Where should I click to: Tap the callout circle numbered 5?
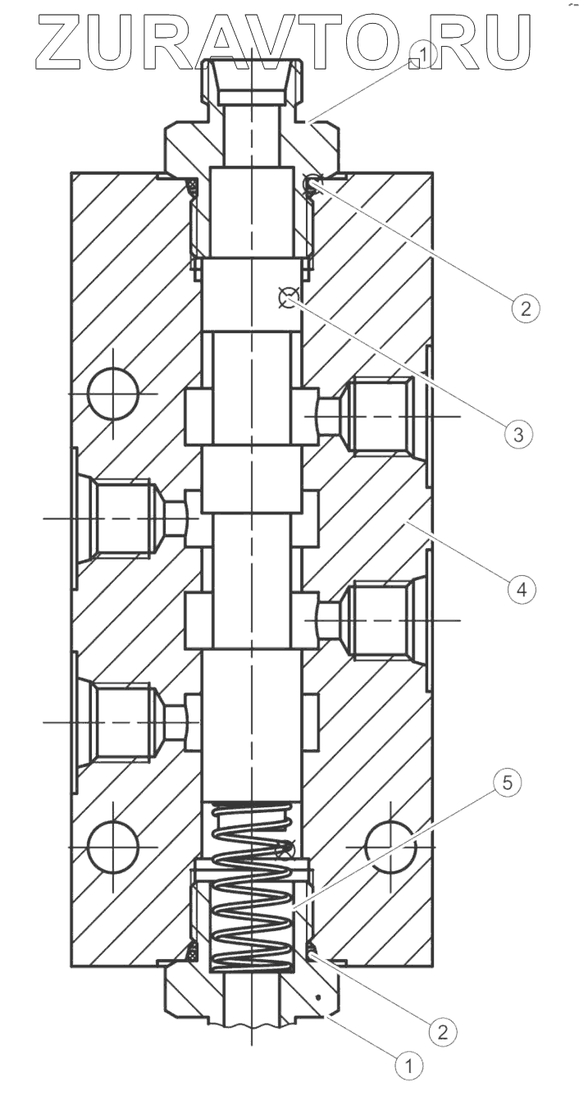coord(508,783)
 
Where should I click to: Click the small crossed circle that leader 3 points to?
coord(288,299)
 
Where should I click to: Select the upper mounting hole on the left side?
coord(113,393)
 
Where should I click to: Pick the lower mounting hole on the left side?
coord(113,845)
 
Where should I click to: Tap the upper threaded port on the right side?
coord(377,416)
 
